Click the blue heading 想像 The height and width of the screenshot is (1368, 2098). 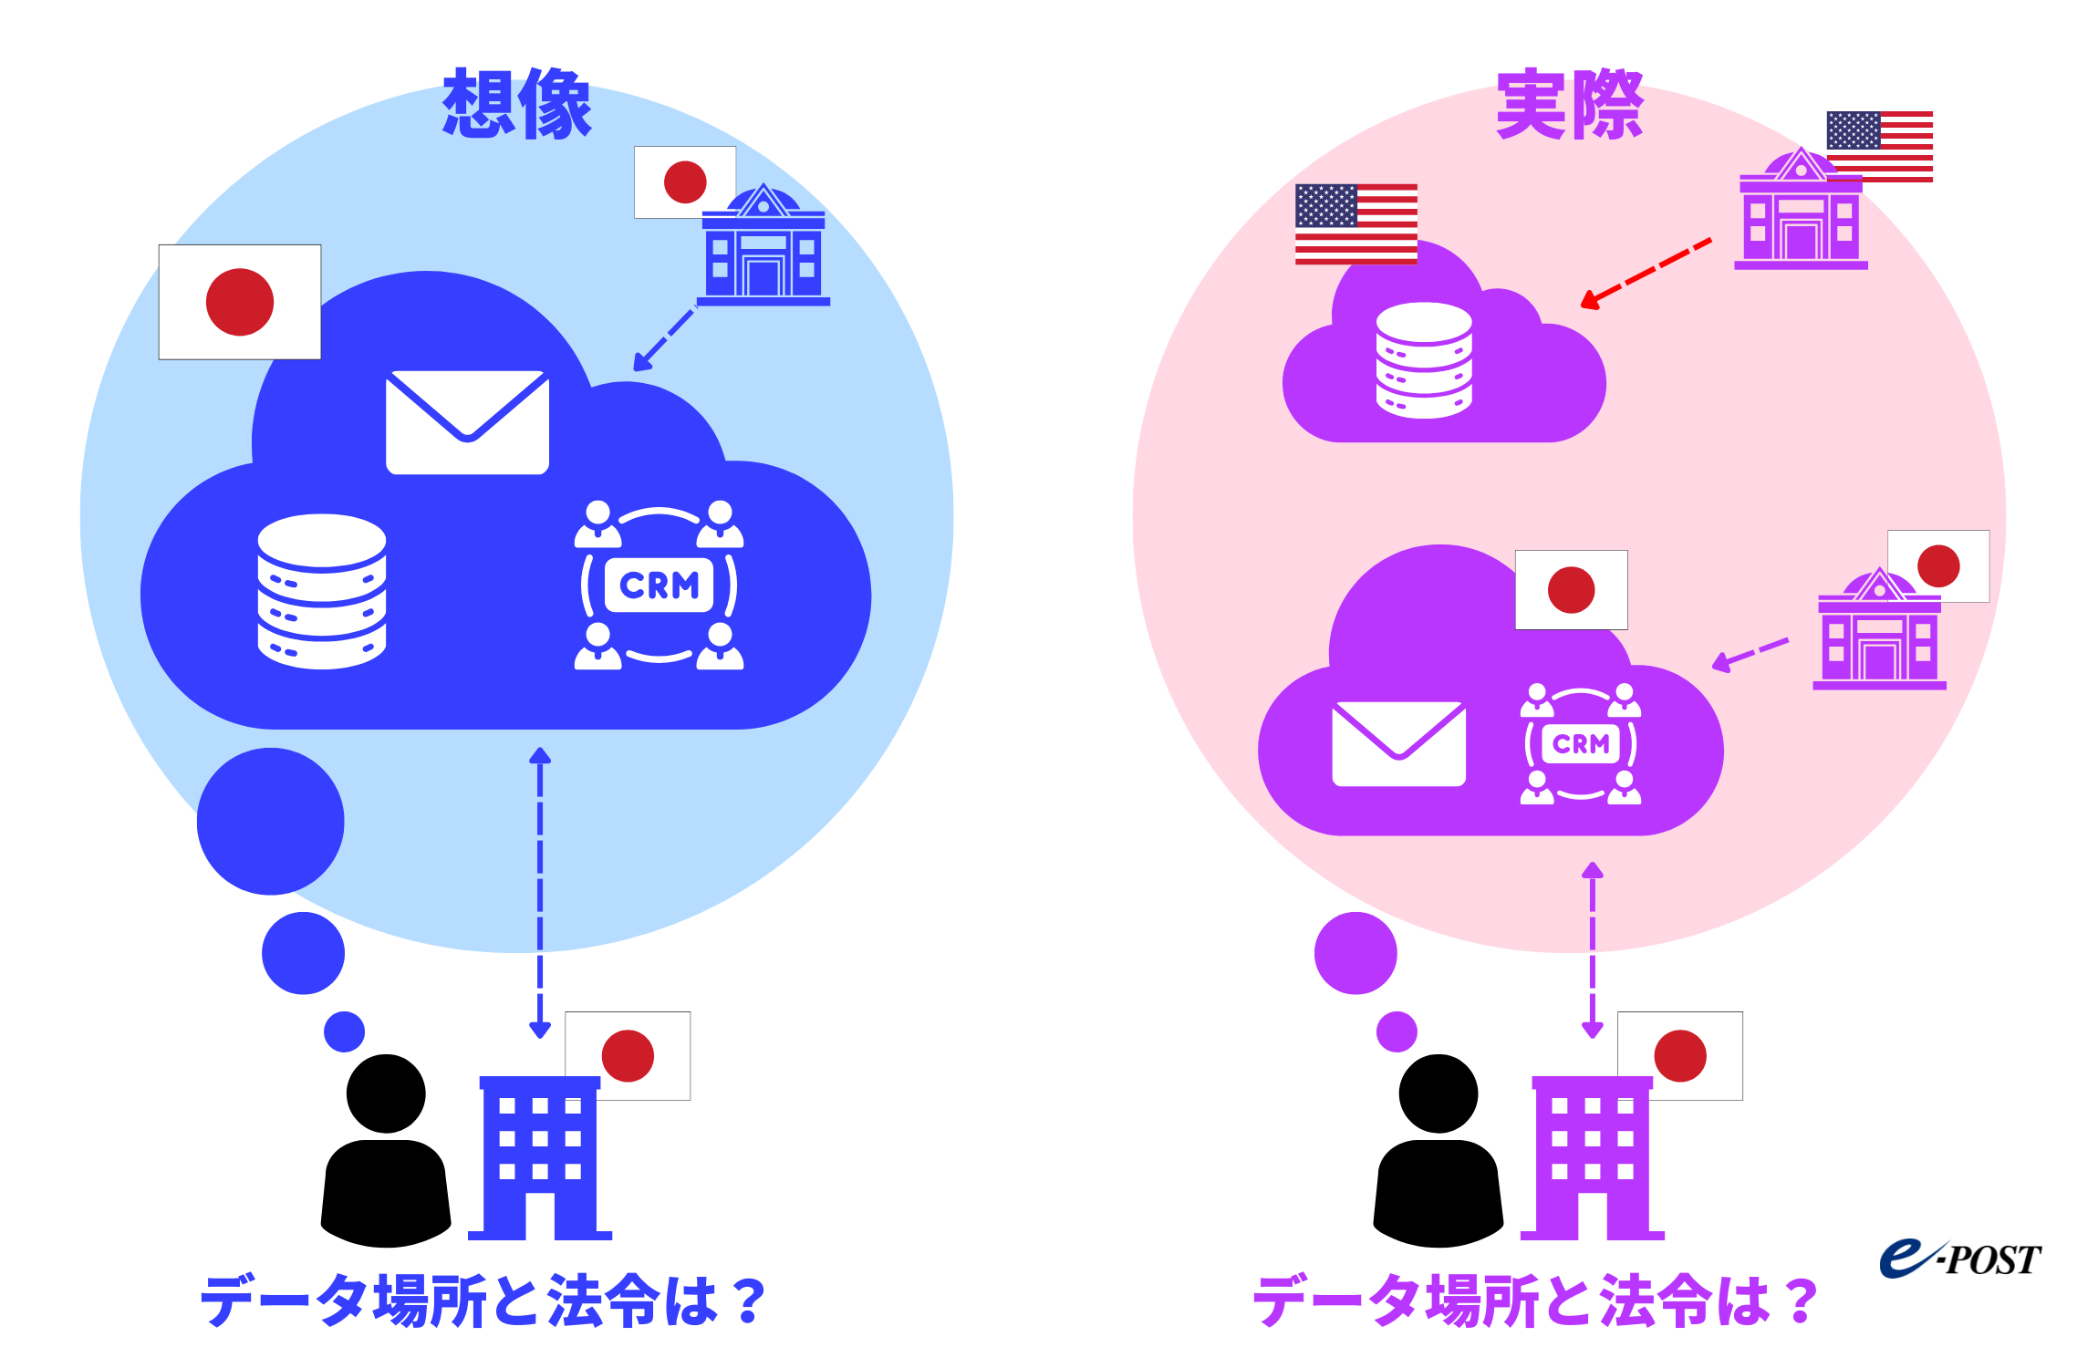tap(517, 104)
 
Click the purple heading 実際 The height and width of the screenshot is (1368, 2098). tap(1569, 104)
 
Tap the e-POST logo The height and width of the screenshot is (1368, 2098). tap(1959, 1259)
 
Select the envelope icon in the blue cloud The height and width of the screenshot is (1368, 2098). tap(467, 421)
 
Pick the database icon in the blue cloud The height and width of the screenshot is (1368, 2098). tap(321, 591)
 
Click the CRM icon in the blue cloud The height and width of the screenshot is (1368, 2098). tap(659, 585)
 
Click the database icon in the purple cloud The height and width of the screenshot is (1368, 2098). tap(1423, 360)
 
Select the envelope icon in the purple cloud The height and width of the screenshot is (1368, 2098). tap(1398, 743)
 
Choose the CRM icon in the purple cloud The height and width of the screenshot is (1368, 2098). tap(1580, 743)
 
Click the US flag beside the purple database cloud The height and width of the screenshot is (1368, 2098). tap(1355, 224)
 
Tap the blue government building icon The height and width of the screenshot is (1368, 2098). tap(763, 246)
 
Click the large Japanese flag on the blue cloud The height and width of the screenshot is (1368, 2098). tap(240, 302)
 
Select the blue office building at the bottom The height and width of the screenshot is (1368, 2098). tap(539, 1158)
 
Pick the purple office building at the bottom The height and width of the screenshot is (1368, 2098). tap(1592, 1158)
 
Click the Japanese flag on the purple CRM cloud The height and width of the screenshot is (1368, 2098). tap(1571, 589)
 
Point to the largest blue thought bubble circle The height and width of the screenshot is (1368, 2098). tap(271, 821)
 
